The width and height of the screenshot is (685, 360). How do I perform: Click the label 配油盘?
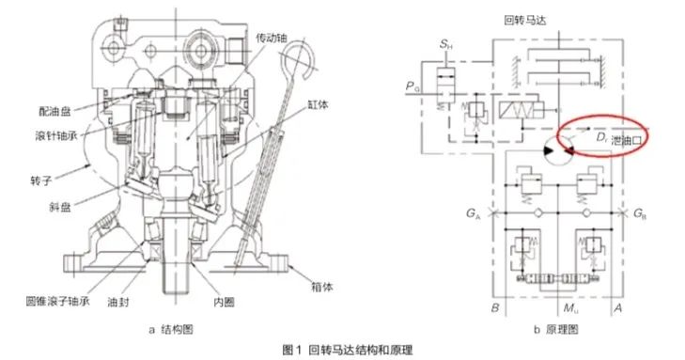pos(54,112)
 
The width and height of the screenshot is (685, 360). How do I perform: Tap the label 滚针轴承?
pos(56,135)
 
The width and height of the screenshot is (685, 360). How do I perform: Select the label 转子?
pos(40,180)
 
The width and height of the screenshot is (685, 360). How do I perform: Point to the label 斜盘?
pos(60,206)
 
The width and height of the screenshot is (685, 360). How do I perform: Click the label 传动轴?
pos(272,39)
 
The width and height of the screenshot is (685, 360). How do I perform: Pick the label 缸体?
pos(318,104)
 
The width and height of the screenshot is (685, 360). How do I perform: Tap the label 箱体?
pos(321,287)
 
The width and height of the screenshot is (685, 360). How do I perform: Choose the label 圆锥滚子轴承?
pos(57,302)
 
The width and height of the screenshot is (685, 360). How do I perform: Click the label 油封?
pos(118,302)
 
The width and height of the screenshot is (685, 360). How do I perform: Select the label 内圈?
pos(224,302)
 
